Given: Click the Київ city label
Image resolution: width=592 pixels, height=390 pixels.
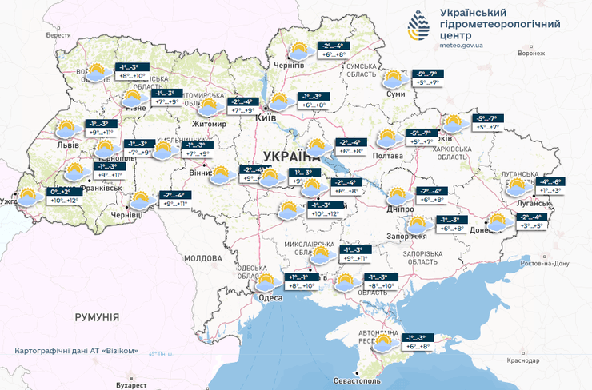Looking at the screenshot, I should pyautogui.click(x=266, y=117).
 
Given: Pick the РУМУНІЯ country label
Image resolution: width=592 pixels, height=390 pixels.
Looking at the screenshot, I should pyautogui.click(x=97, y=317).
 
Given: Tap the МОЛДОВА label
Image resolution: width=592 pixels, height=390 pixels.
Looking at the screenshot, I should pyautogui.click(x=202, y=259).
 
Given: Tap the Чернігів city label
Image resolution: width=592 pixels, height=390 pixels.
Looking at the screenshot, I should pyautogui.click(x=289, y=64).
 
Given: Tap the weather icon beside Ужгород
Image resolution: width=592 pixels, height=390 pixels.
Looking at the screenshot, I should pyautogui.click(x=30, y=197).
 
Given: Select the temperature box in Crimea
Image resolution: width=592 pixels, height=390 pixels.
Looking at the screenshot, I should pyautogui.click(x=414, y=343).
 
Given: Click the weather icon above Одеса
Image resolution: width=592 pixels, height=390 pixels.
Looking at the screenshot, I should pyautogui.click(x=264, y=282).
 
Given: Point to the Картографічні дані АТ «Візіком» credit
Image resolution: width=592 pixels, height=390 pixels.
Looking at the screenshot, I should pyautogui.click(x=82, y=351).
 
